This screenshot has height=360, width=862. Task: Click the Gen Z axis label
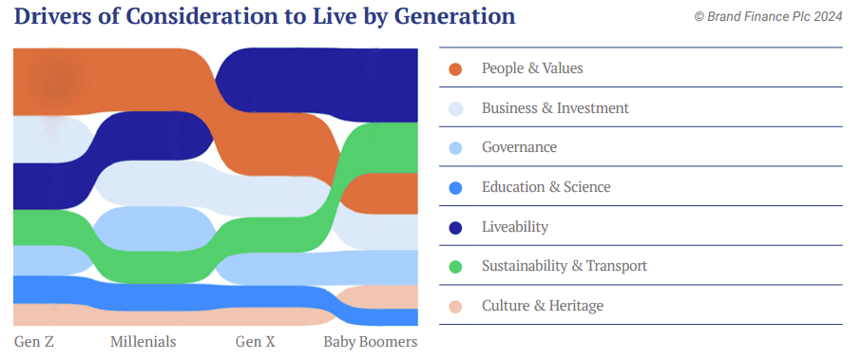34,342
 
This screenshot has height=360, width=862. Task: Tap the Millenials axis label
143,342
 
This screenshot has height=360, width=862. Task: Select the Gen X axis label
255,342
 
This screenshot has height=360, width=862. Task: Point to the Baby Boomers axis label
371,342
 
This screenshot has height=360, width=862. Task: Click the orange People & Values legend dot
455,69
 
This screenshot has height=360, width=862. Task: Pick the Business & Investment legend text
555,107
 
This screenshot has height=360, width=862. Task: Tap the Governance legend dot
455,148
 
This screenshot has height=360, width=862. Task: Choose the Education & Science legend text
546,187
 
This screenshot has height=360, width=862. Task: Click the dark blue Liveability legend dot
455,228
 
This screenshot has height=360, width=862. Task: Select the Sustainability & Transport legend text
565,266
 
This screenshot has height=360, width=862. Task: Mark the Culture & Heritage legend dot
455,307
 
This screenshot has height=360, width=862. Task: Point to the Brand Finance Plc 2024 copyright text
768,17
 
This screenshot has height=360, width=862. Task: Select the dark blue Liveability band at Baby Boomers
385,85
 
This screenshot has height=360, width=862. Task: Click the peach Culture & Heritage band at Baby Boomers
385,296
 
